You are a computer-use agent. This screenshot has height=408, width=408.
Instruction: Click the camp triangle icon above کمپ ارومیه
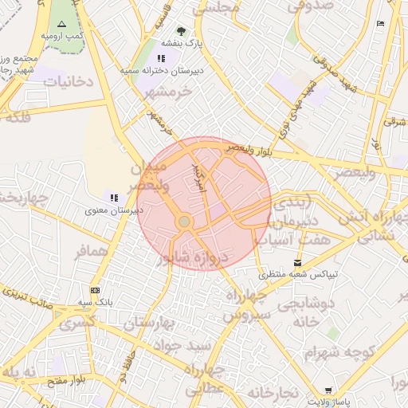61,23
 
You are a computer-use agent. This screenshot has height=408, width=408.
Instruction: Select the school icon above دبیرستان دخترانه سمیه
161,58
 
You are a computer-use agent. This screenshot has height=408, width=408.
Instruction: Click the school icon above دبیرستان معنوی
113,197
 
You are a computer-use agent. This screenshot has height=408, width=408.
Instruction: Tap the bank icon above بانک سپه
96,290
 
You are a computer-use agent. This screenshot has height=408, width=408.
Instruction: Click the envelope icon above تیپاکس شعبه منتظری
298,262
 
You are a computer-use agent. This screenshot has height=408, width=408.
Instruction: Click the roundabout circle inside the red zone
184,221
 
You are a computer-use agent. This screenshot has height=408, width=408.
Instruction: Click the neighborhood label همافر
90,252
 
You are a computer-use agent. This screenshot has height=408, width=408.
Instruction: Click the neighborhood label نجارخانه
272,393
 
